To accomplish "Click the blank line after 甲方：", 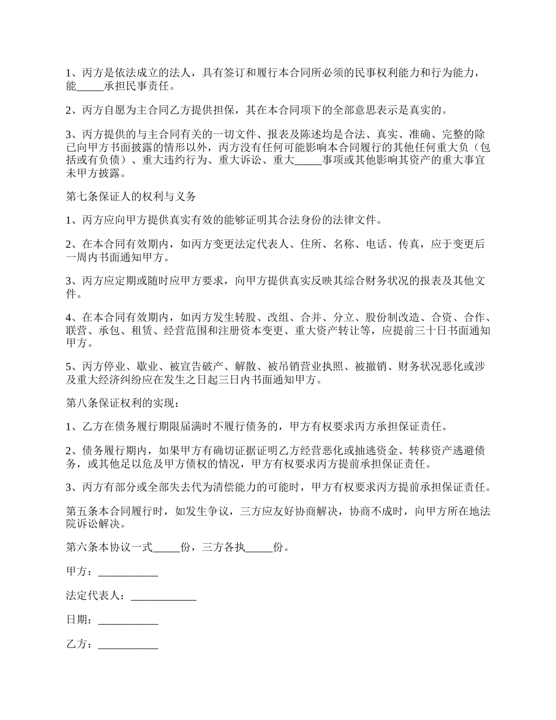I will tap(128, 572).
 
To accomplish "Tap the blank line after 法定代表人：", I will tap(163, 596).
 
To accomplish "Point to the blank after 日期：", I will tap(128, 620).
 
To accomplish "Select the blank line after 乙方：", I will tap(128, 644).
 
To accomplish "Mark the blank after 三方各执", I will tap(259, 548).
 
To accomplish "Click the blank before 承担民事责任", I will tap(90, 86).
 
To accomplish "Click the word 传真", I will tap(408, 245).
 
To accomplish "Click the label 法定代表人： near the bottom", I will tap(95, 596).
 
